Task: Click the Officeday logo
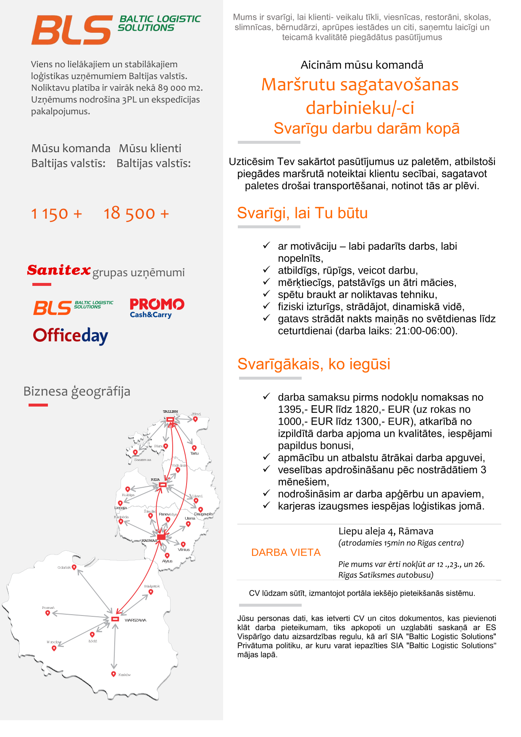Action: (x=71, y=335)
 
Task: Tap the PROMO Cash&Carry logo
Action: (x=157, y=308)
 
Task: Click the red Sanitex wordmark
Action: (x=59, y=270)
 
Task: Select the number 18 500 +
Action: (x=136, y=214)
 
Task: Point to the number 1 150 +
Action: (x=56, y=214)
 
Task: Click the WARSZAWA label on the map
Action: (x=135, y=620)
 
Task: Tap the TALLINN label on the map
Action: (x=170, y=412)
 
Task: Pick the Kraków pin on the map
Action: (x=113, y=674)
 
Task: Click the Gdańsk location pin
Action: (x=74, y=567)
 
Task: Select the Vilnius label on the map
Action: (x=184, y=549)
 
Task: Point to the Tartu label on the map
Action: (x=195, y=453)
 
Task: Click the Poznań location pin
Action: (x=48, y=613)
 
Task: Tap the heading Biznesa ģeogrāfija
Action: (x=77, y=391)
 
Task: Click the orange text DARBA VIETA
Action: (x=286, y=552)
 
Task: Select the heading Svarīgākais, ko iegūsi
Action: (x=314, y=364)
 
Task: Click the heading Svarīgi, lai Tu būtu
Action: (x=303, y=213)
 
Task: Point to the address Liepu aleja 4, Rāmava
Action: (x=386, y=531)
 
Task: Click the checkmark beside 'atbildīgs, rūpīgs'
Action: (x=266, y=269)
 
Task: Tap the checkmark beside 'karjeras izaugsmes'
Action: (x=266, y=505)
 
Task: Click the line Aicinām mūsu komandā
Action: (x=362, y=65)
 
